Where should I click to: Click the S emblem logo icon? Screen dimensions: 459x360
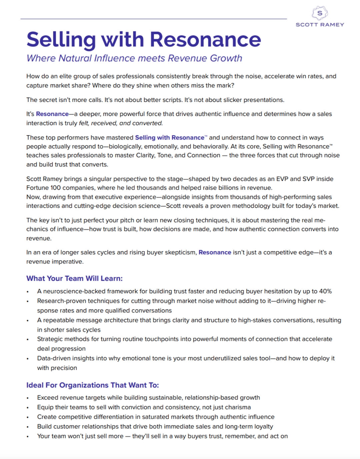point(320,13)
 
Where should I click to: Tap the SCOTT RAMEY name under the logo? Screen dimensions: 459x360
point(320,25)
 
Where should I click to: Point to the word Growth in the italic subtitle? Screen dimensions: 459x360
point(226,58)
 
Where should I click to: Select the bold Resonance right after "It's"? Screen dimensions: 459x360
point(52,114)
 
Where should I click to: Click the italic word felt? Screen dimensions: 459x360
point(83,123)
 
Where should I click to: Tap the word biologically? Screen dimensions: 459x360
point(127,147)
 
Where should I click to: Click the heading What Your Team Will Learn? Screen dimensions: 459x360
point(74,278)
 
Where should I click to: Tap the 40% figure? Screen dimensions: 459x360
point(325,291)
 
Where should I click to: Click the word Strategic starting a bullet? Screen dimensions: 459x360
point(49,339)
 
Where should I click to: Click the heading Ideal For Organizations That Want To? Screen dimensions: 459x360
point(92,385)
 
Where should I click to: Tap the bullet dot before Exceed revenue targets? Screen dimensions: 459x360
point(28,398)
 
